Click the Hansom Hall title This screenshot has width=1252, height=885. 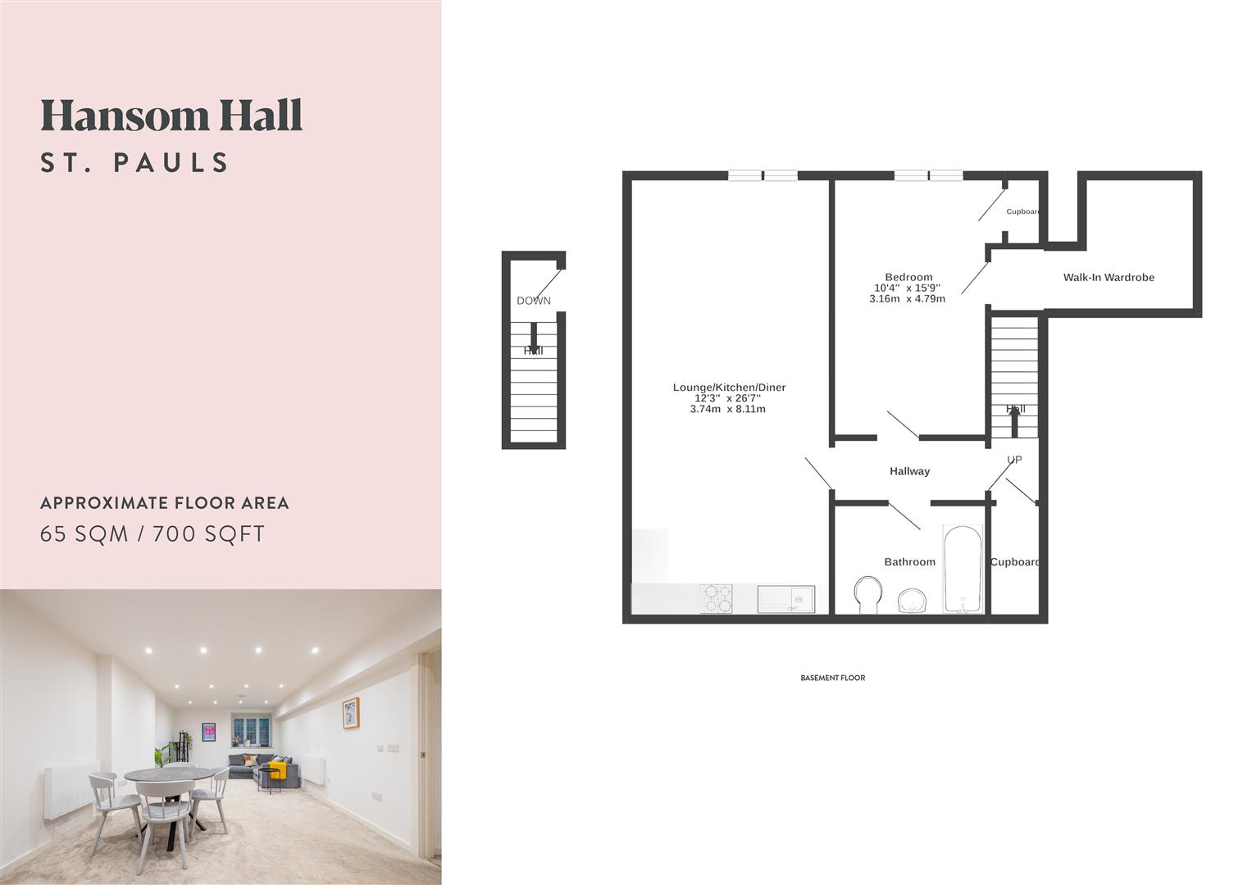171,116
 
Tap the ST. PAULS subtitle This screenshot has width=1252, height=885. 135,162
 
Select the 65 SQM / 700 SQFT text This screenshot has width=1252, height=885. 153,534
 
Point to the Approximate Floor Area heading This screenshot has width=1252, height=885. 165,503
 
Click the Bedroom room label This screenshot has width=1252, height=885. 908,277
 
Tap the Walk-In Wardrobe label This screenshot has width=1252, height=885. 1109,278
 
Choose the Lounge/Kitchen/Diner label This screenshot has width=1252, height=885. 729,388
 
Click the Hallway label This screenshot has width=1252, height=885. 909,471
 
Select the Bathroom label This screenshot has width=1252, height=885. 909,562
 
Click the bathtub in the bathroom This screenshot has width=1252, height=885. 963,570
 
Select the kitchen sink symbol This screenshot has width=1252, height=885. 785,598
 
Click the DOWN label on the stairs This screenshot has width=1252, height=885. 534,301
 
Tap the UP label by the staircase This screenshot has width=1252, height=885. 1014,460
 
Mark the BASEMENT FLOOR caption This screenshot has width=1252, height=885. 832,678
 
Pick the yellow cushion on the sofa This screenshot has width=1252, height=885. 278,769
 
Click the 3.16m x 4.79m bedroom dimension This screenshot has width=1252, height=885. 907,299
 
